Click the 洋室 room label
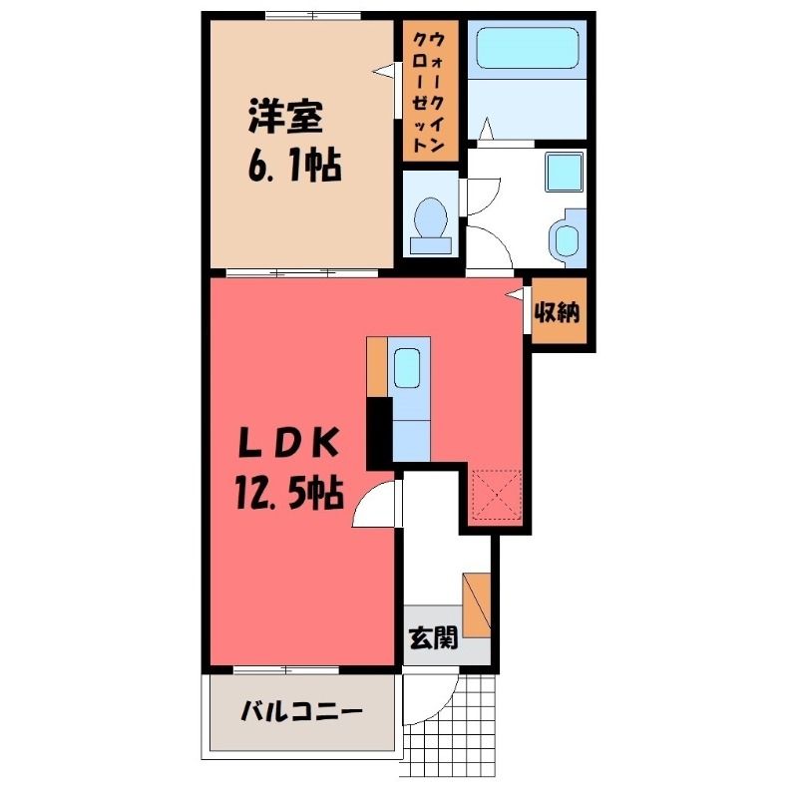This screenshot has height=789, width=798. pos(285,117)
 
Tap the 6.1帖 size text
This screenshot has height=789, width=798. pos(294,166)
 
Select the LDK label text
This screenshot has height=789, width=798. pos(288,444)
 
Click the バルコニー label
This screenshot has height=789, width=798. pos(301,710)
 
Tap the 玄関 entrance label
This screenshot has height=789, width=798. pos(434,636)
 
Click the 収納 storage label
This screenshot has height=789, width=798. pos(557,312)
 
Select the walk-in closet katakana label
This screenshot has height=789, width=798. pos(428,92)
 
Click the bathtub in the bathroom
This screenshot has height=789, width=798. pos(529,47)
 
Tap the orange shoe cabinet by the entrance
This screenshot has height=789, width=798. pos(477,605)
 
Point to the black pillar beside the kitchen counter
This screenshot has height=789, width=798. pos(379,433)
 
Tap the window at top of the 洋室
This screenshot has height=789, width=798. pos(312,14)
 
